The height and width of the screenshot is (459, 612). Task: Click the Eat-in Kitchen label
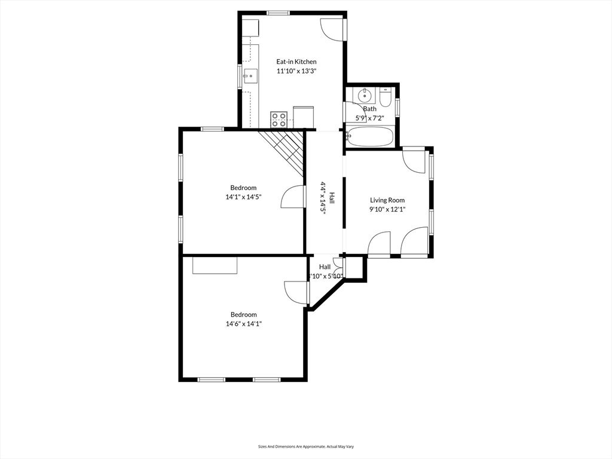[296, 62]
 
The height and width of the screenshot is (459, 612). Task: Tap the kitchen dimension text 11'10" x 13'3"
[296, 71]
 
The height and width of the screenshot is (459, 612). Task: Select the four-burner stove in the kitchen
[279, 119]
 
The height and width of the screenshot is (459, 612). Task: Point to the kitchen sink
[251, 76]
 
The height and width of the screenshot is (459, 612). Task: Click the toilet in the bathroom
[385, 97]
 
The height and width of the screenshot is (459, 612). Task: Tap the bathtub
[370, 137]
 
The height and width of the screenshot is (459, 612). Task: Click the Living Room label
[387, 200]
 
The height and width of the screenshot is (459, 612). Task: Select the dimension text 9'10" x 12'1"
[387, 209]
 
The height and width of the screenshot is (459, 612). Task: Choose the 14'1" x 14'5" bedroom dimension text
[243, 197]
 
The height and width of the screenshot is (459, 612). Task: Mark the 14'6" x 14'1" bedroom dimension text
[243, 324]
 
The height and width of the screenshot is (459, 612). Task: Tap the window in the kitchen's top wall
[278, 13]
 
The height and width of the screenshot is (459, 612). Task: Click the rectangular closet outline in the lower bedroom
[215, 265]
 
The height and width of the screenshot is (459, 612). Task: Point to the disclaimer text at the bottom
[305, 446]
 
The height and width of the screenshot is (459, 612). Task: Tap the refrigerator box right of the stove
[303, 117]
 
